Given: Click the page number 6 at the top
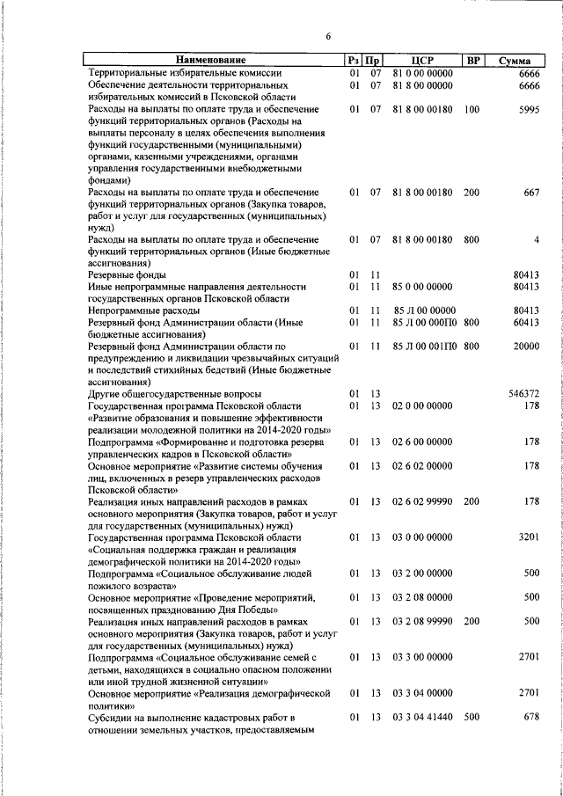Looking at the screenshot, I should point(328,36).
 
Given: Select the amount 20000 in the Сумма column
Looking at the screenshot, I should point(526,347).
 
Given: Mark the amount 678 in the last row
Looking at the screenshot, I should point(531,717).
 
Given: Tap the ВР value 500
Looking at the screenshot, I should point(472,717).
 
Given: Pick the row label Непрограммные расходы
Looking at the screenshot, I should point(135,310).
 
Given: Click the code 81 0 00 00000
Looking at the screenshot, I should point(423,73).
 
